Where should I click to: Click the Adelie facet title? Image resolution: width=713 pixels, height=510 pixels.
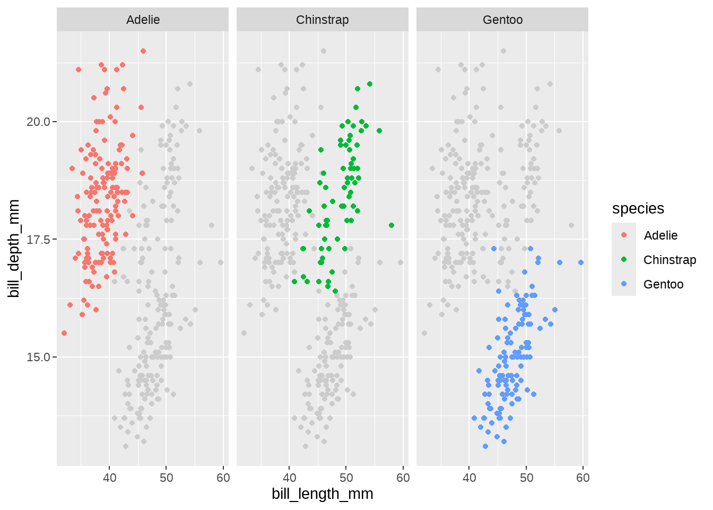[143, 20]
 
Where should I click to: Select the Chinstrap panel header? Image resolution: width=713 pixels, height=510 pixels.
[322, 20]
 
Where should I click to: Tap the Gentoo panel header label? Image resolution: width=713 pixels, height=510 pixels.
[502, 20]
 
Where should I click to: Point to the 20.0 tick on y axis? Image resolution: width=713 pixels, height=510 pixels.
[38, 122]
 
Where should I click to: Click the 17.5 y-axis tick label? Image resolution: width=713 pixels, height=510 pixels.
[38, 240]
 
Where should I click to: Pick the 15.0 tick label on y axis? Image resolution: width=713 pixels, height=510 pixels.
[38, 357]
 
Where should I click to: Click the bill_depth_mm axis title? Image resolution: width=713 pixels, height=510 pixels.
[14, 248]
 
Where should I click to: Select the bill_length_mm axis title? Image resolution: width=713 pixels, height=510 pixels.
[322, 494]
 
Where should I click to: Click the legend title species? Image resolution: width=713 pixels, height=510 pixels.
[638, 209]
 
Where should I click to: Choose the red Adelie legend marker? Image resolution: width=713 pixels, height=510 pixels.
[624, 235]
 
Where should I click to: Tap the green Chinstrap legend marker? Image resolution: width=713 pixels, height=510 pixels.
[624, 259]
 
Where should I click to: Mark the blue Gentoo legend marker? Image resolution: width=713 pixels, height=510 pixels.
[624, 284]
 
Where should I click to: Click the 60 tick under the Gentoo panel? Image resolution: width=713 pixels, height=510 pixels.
[582, 478]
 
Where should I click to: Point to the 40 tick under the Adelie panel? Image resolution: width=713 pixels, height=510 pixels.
[109, 478]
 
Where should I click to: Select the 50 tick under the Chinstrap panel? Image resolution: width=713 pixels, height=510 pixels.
[346, 478]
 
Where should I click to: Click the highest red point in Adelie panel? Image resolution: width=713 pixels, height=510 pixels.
[143, 51]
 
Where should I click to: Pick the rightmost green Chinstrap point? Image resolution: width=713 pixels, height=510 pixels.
[392, 225]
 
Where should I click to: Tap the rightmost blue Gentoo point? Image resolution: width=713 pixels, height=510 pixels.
[581, 262]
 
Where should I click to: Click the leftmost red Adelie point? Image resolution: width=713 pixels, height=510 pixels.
[64, 333]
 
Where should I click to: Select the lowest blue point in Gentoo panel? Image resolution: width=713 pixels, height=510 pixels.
[485, 446]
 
